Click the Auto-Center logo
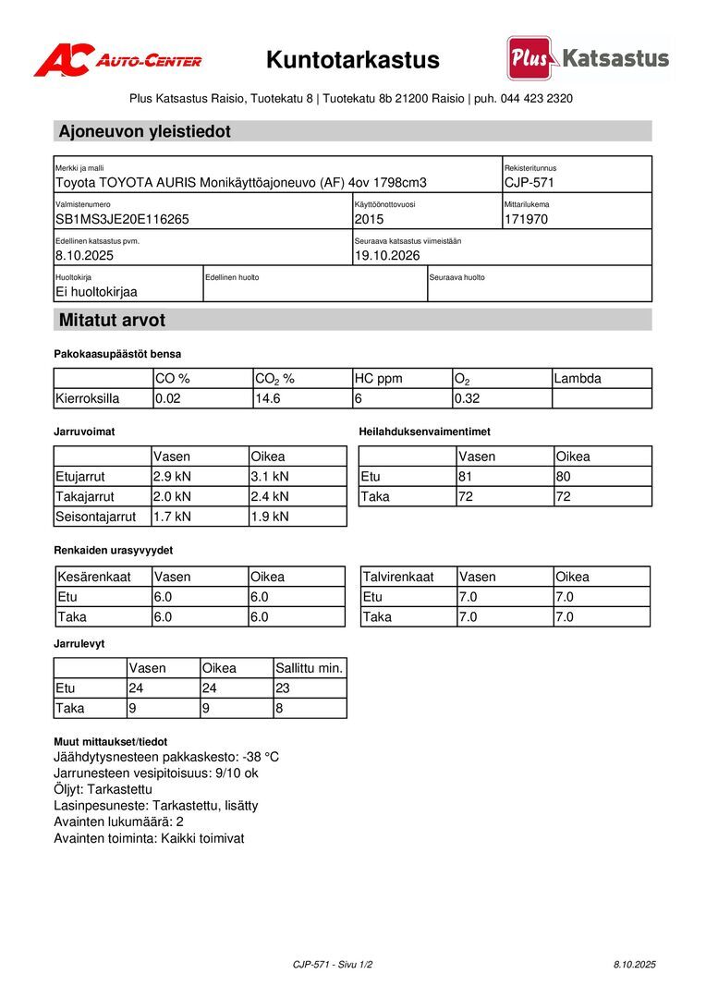point(117,60)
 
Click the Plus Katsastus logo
point(588,58)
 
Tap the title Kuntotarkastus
point(353,60)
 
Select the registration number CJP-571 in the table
point(529,183)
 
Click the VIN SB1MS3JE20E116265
point(122,220)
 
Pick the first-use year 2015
point(369,220)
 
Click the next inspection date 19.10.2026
point(387,256)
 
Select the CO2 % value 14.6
point(267,399)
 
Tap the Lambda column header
point(578,379)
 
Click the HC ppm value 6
point(358,399)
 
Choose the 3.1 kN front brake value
point(270,477)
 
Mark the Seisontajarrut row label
point(96,517)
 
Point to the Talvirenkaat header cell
point(398,577)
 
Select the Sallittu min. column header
point(309,668)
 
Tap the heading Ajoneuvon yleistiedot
point(145,131)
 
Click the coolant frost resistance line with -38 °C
point(166,757)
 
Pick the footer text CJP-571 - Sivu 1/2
point(333,965)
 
